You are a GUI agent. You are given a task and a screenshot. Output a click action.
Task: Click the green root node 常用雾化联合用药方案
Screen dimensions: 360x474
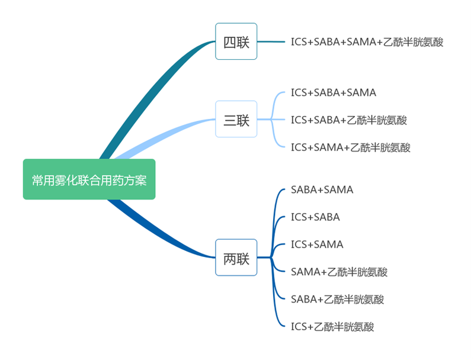tap(89, 179)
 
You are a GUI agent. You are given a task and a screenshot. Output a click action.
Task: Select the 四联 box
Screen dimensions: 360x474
tap(236, 41)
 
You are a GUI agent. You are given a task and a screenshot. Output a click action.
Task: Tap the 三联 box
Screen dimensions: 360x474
tap(236, 120)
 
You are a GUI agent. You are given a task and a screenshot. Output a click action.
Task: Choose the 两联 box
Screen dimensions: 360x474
tap(236, 258)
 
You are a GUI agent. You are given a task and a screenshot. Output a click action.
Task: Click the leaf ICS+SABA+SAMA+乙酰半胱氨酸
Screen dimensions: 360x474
tap(367, 41)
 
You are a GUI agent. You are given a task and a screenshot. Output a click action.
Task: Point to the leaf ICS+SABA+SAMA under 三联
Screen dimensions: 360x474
tap(333, 92)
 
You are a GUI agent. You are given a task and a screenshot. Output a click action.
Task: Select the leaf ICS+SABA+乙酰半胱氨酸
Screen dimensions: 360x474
tap(348, 120)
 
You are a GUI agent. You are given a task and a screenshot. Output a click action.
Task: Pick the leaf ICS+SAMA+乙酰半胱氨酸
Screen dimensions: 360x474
tap(350, 147)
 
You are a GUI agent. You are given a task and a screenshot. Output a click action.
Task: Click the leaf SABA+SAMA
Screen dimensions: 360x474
tap(322, 190)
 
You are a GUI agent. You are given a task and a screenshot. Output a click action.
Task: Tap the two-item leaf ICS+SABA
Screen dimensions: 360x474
tap(315, 217)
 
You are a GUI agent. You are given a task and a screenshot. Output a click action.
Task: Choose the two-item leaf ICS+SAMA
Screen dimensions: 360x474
tap(317, 245)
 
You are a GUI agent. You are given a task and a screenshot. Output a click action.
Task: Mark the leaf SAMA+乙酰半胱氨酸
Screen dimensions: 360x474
tap(339, 272)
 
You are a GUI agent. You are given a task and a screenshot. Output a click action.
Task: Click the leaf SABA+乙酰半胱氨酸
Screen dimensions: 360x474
tap(337, 299)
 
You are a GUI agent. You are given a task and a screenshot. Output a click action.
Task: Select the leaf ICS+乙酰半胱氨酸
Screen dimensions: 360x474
tap(332, 326)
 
